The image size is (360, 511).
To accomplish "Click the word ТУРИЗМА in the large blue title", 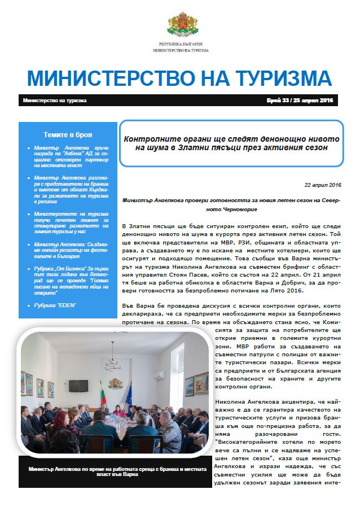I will (x=282, y=78).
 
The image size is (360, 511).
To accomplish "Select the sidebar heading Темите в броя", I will (x=68, y=135).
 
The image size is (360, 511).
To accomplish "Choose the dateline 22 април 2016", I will (x=322, y=185).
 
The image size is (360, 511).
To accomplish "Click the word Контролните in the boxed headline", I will (x=156, y=138).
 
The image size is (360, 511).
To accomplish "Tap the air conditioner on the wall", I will (x=160, y=374).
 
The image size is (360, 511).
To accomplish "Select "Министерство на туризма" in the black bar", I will (x=55, y=101).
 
